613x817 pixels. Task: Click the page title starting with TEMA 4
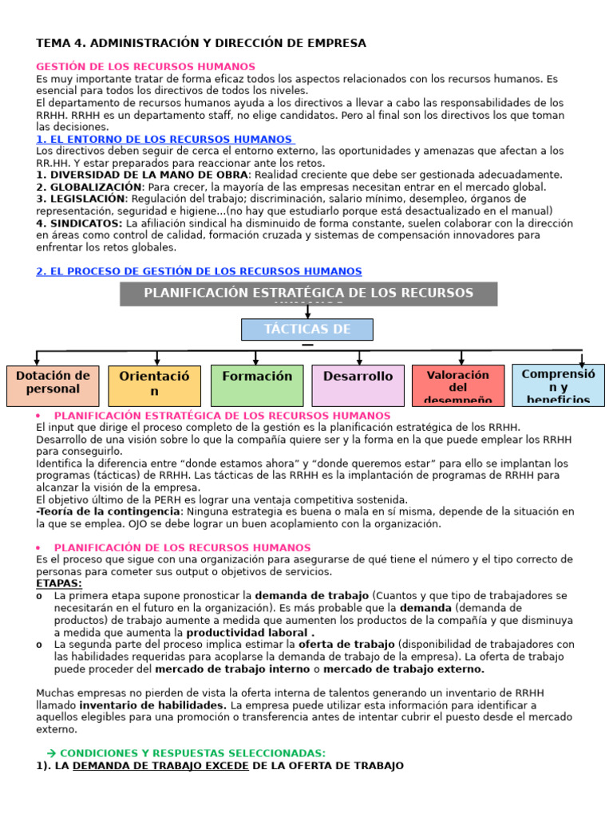pos(201,43)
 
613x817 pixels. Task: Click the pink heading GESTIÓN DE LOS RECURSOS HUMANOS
pos(146,67)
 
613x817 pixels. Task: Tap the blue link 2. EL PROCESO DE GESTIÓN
pos(199,272)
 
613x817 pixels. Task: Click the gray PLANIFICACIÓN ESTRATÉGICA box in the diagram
pos(308,294)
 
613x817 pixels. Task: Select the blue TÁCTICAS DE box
pos(307,330)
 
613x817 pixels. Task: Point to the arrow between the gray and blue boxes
pos(307,312)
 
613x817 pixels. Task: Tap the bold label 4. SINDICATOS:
pos(79,223)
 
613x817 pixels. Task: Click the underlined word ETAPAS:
pos(59,583)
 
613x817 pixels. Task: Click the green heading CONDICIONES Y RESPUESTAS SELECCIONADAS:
pos(192,753)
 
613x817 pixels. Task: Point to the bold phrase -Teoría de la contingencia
pos(108,511)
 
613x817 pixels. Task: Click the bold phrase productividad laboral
pos(249,632)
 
